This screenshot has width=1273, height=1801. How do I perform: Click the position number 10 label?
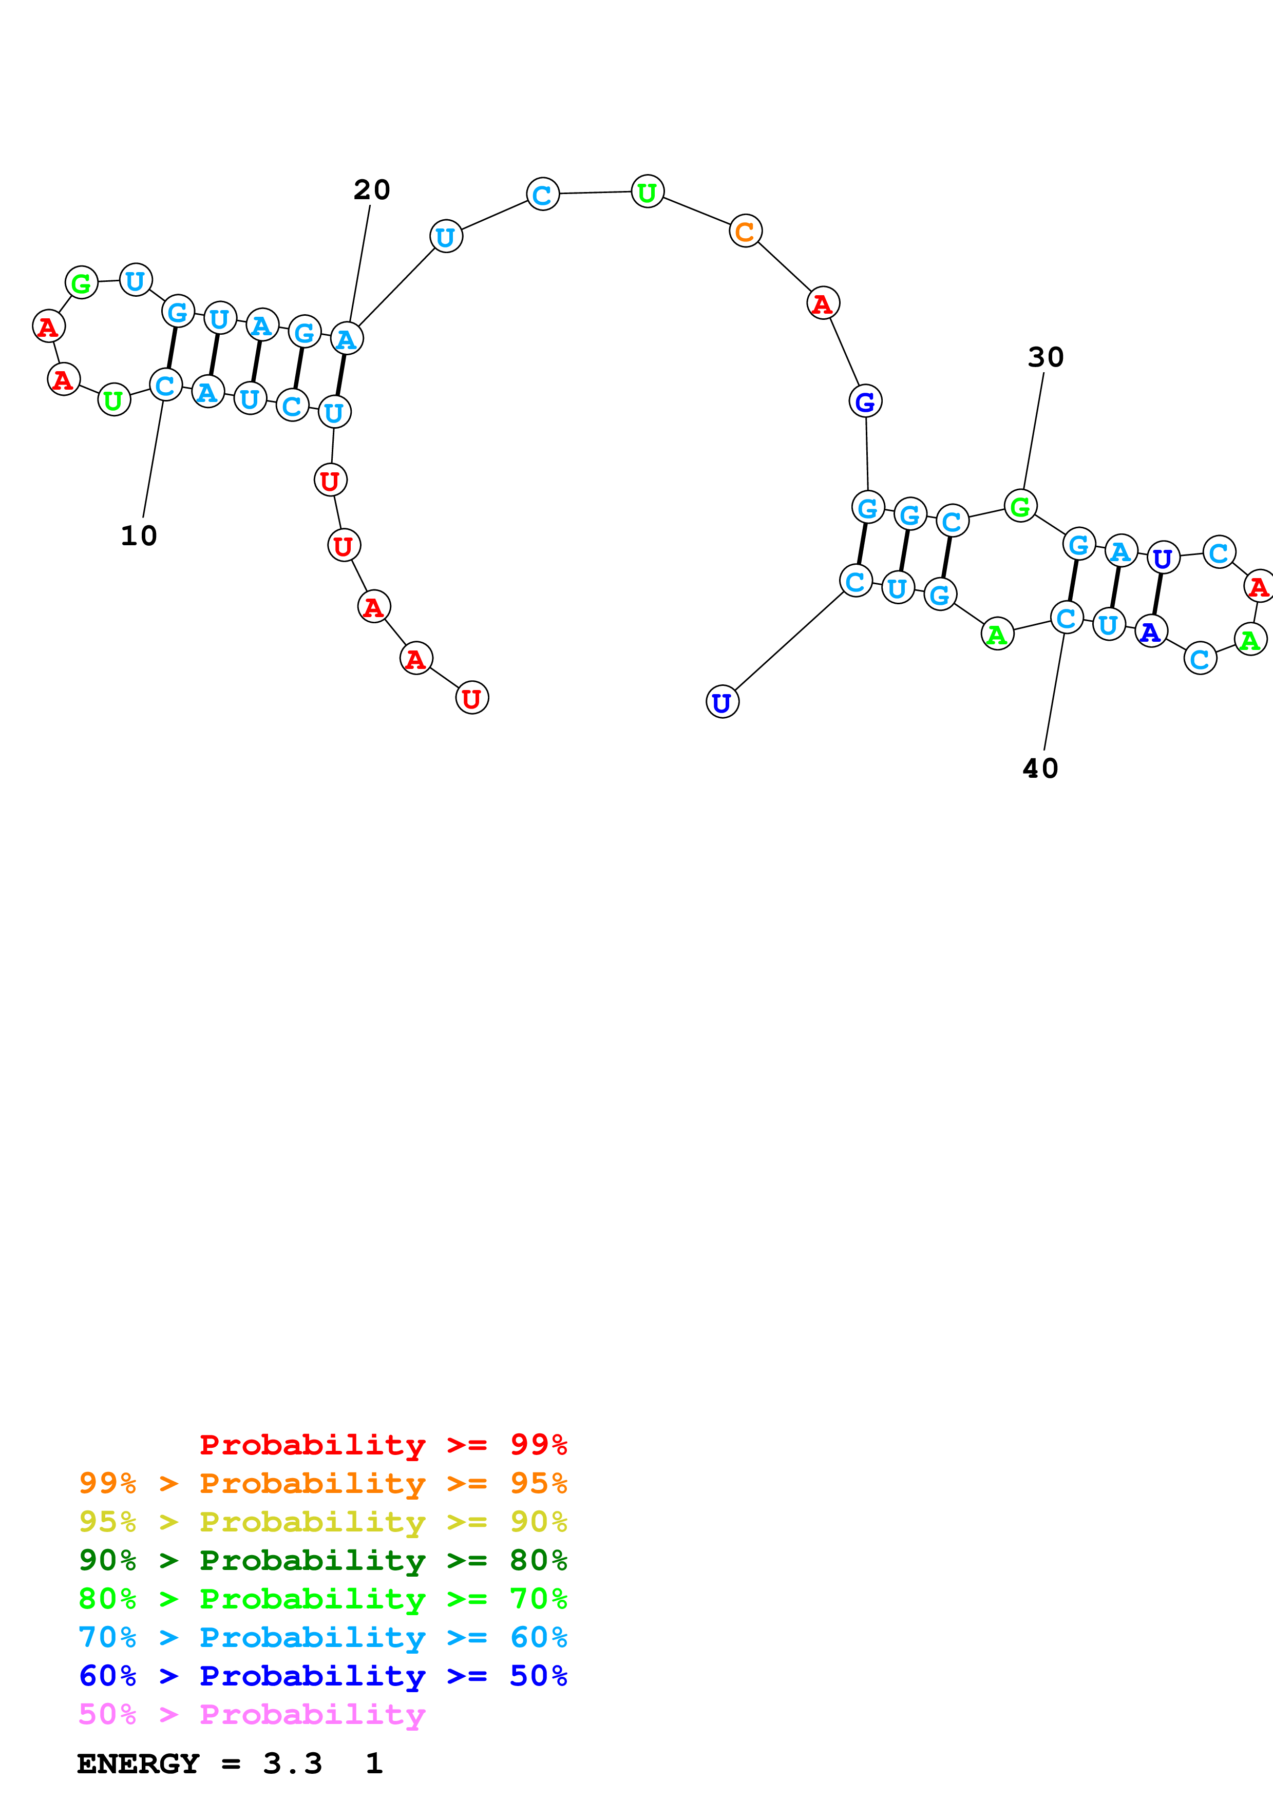click(x=139, y=536)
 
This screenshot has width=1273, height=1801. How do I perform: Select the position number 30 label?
click(x=1046, y=358)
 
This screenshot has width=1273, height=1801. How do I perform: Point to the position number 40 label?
click(x=1040, y=769)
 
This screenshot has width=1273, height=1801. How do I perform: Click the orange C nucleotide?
click(x=745, y=232)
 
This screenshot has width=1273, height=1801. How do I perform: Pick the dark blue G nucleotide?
click(x=865, y=401)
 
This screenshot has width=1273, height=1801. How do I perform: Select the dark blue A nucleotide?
click(x=1151, y=631)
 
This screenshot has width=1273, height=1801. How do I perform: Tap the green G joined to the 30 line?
click(x=1020, y=507)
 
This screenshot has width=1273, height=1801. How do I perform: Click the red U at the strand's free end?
click(x=471, y=698)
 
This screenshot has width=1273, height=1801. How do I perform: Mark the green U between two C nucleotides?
click(x=647, y=192)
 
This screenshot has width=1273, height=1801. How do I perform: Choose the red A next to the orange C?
click(x=823, y=303)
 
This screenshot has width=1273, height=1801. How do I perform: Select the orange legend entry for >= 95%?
click(x=322, y=1483)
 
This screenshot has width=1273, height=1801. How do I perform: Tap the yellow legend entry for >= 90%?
click(x=322, y=1522)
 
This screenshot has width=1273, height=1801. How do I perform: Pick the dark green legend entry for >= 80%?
click(x=322, y=1560)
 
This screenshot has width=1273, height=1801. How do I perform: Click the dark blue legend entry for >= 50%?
click(x=322, y=1676)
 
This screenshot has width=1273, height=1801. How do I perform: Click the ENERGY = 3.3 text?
click(x=199, y=1764)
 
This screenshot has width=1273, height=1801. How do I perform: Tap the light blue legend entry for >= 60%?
click(x=322, y=1637)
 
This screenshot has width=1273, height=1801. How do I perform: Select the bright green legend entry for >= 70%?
click(x=322, y=1599)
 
